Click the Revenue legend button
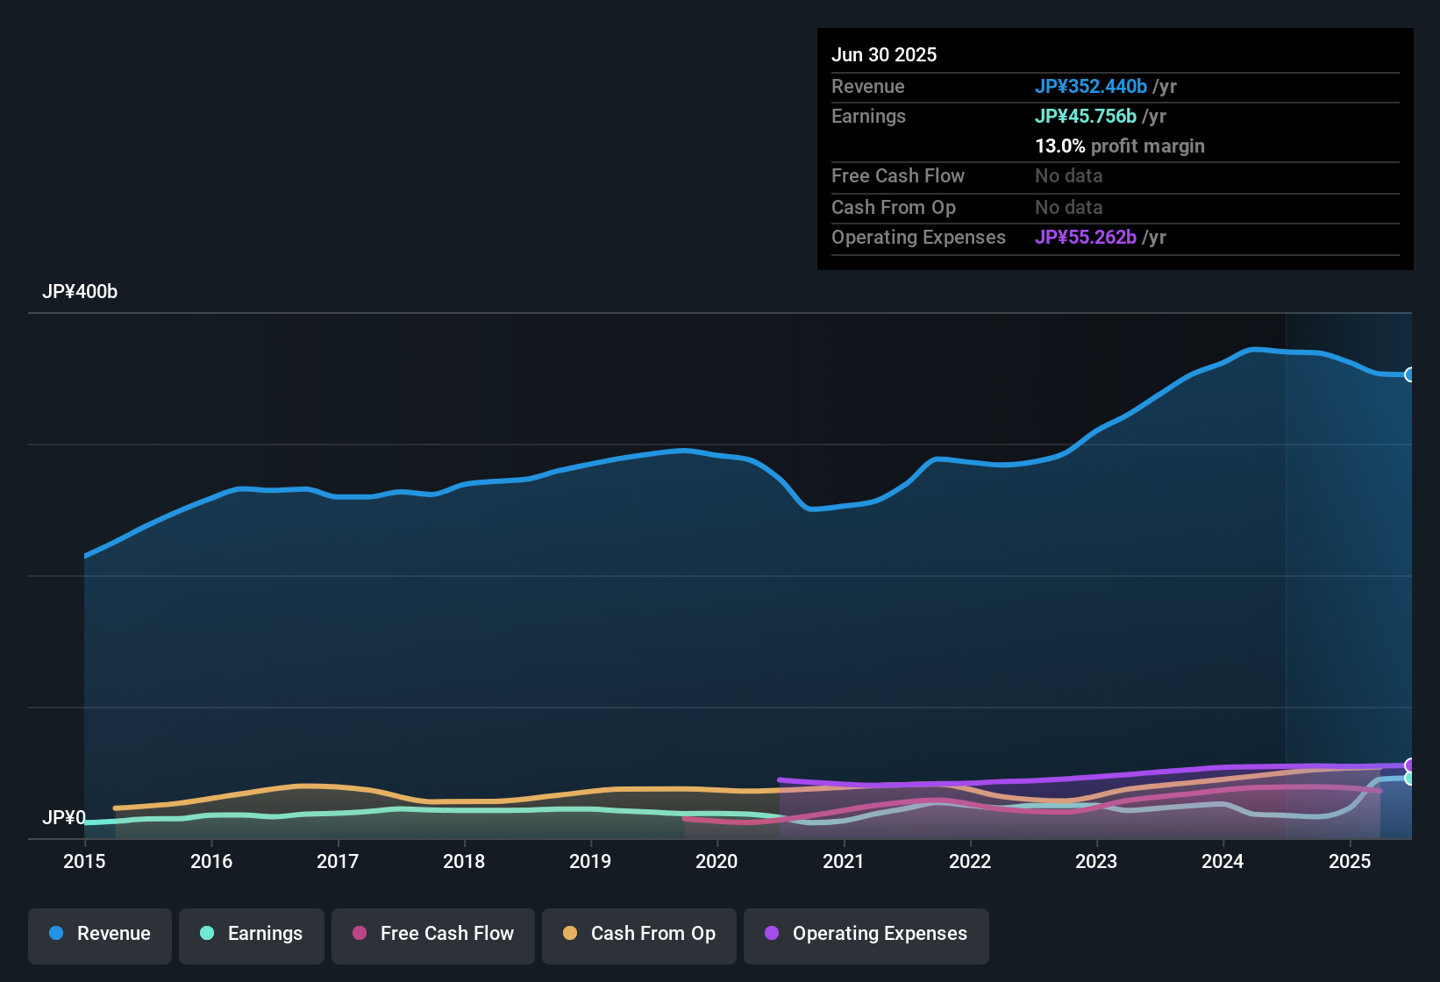[100, 934]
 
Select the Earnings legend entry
[251, 934]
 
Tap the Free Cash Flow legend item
[433, 934]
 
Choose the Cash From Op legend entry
[639, 934]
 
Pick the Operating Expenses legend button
[866, 934]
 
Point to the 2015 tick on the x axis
[84, 861]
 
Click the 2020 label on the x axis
[716, 861]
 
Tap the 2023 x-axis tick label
[1096, 861]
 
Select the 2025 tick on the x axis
[1350, 861]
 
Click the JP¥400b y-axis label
[80, 292]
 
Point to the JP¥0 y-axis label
[64, 817]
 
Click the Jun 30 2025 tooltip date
[884, 54]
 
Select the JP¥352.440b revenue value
[1090, 86]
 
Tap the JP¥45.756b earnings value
[1085, 116]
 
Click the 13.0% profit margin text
[1119, 146]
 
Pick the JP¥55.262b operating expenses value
[1085, 237]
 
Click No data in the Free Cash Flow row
[1068, 175]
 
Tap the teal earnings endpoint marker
[1409, 779]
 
